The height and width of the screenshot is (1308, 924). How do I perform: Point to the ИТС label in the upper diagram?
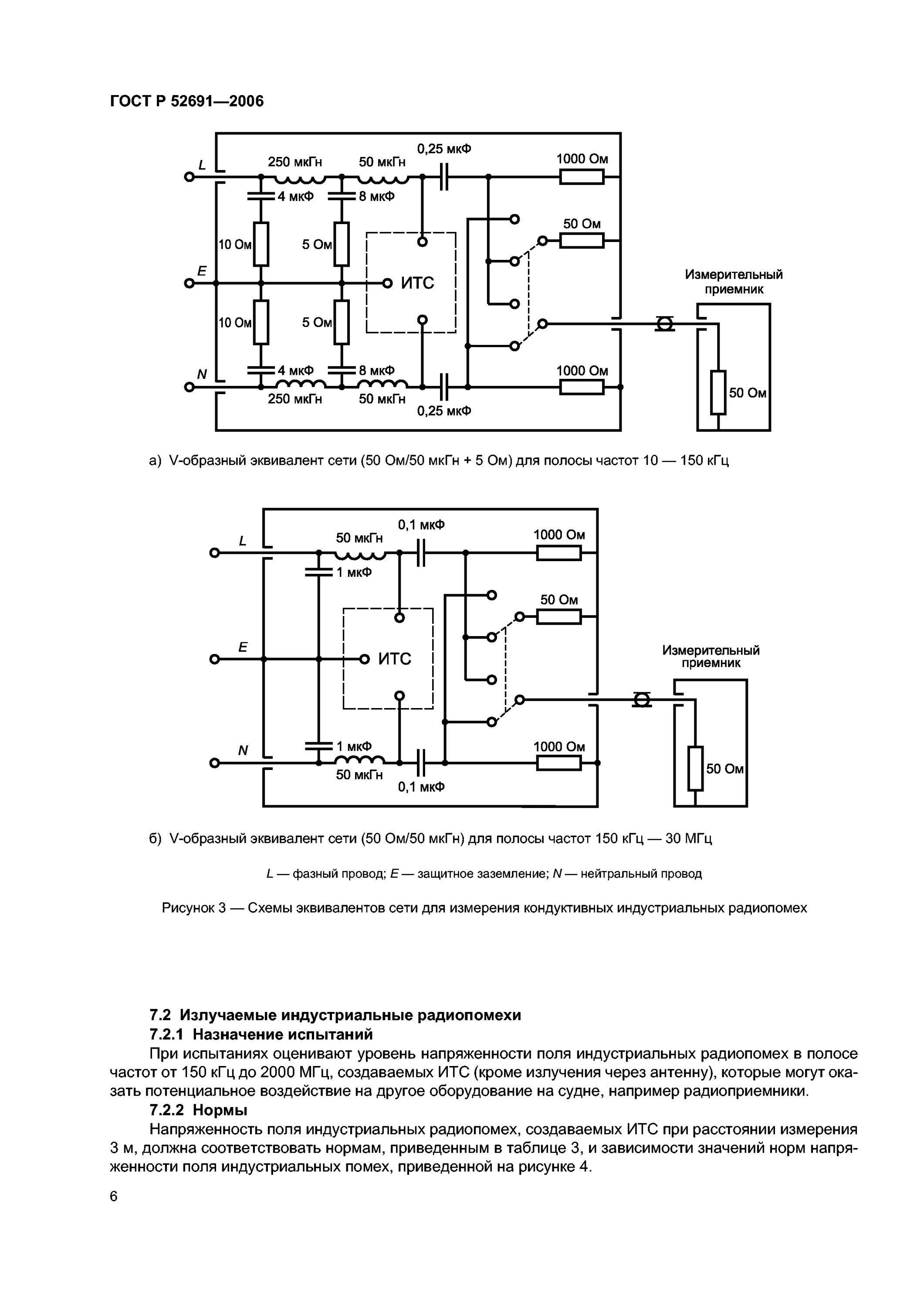(x=417, y=283)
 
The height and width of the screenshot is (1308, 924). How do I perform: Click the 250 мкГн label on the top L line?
(x=295, y=162)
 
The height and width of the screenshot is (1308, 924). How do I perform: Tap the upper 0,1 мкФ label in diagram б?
(x=421, y=525)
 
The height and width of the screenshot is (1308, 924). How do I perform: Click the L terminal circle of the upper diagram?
(x=190, y=177)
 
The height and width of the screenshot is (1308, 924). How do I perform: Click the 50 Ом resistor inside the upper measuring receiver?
(x=718, y=392)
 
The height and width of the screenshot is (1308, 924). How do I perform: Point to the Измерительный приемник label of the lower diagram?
(x=711, y=656)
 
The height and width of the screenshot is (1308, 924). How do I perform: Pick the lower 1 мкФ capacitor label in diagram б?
(x=354, y=746)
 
